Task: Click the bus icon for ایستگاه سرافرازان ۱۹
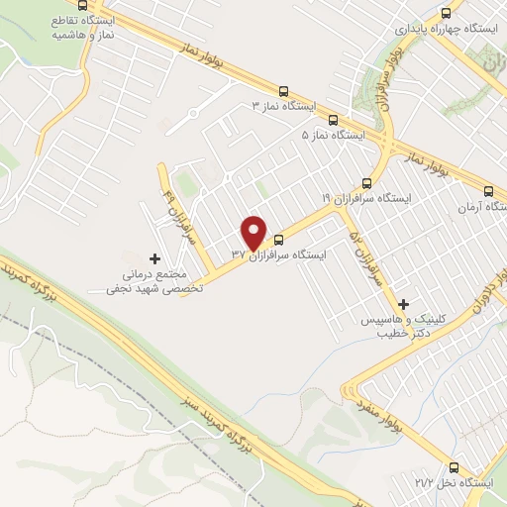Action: pos(367,182)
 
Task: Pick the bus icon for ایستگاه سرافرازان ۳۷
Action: pos(278,239)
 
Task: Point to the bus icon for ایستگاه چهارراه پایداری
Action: pos(446,14)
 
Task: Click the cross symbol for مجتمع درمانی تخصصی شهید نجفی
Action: pos(153,257)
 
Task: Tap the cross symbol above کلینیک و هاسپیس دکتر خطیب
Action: pos(402,304)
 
